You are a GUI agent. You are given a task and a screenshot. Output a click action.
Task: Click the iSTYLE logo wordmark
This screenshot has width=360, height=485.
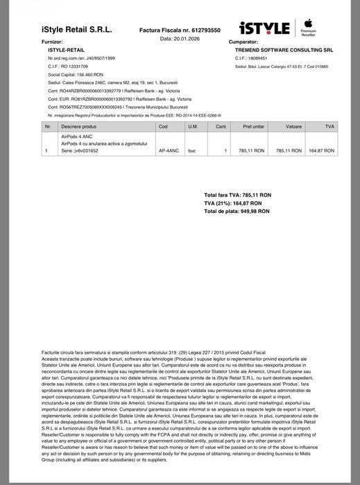[x=264, y=28]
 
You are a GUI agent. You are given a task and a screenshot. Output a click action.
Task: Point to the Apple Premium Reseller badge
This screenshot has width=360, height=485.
[x=307, y=28]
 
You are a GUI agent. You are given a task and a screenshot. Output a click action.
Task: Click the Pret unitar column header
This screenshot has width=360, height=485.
[x=253, y=126]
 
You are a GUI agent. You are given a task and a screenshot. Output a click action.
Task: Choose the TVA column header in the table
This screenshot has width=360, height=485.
[x=329, y=126]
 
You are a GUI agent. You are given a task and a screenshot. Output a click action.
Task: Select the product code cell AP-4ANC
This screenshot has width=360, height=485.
[x=169, y=151]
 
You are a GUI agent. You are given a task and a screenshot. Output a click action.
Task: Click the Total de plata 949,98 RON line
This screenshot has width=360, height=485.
[x=237, y=210]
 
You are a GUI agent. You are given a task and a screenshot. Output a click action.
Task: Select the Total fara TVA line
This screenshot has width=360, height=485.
[x=238, y=195]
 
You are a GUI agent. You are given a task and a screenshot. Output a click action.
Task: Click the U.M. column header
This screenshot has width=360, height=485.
[x=193, y=126]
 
